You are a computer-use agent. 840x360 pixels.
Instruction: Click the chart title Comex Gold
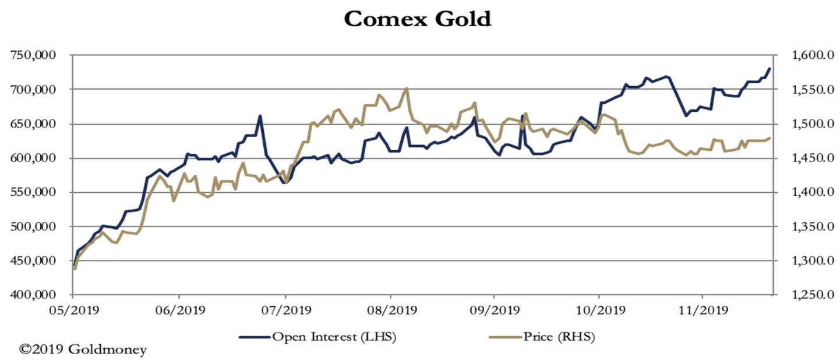pyautogui.click(x=418, y=19)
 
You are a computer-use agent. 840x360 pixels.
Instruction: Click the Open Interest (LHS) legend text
pyautogui.click(x=334, y=336)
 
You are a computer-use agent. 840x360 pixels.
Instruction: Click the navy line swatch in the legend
pyautogui.click(x=254, y=337)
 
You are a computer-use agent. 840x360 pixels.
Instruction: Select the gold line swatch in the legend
pyautogui.click(x=504, y=337)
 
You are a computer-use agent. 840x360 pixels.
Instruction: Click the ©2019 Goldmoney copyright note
pyautogui.click(x=83, y=350)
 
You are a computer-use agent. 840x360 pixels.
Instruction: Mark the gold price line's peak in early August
pyautogui.click(x=406, y=89)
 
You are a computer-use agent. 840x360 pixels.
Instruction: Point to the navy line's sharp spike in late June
pyautogui.click(x=260, y=115)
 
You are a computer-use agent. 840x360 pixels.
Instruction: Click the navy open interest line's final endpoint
pyautogui.click(x=770, y=69)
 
